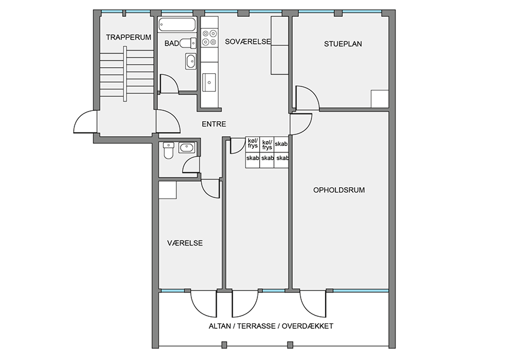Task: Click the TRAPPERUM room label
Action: coord(128,37)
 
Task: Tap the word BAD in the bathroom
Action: coord(172,43)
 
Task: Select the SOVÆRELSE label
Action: coord(248,41)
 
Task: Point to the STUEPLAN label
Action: coord(343,44)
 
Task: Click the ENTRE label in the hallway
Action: coord(214,124)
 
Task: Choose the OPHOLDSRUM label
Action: coord(339,190)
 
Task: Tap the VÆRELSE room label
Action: coord(185,243)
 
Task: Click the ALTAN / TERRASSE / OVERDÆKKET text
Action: coord(271,326)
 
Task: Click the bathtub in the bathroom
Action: coord(177,25)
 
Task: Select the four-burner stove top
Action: coord(209,37)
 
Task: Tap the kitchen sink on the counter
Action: coord(209,83)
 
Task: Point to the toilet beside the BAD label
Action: coord(188,43)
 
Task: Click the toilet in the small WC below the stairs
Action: coord(169,150)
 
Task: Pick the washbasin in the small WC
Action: coord(187,148)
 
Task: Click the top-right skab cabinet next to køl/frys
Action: coord(281,144)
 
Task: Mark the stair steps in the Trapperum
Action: coord(127,74)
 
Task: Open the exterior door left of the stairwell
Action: coord(86,122)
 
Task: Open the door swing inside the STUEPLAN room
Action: coord(307,98)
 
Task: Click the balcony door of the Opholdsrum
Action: coord(313,304)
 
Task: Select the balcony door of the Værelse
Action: coord(203,304)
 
